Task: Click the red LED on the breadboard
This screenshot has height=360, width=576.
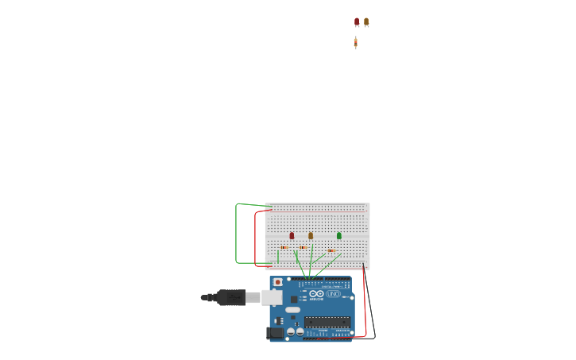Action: [x=292, y=235]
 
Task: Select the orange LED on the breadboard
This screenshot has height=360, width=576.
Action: [x=311, y=235]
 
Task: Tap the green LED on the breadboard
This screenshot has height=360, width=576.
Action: [x=339, y=235]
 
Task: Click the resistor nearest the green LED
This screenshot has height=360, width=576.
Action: [x=331, y=250]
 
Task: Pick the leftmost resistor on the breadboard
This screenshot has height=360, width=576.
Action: [x=284, y=247]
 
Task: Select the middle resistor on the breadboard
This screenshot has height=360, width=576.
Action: [x=303, y=247]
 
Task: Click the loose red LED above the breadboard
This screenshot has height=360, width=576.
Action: [x=357, y=22]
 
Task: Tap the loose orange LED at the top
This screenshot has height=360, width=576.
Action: [x=366, y=22]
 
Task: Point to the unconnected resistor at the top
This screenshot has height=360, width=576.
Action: [x=356, y=43]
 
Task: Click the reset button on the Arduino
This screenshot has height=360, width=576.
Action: [x=277, y=282]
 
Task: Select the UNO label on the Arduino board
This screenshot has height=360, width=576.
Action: [x=333, y=294]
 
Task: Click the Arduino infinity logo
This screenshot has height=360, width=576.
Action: [x=316, y=294]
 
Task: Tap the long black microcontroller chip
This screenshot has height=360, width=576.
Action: [x=327, y=322]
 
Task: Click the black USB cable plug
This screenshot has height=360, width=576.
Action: [x=231, y=297]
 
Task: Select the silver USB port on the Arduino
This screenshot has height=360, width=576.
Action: [x=272, y=297]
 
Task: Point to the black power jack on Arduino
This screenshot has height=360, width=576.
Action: [x=275, y=332]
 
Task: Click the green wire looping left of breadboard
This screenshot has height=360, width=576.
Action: [x=236, y=234]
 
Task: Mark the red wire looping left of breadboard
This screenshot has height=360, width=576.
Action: [x=255, y=238]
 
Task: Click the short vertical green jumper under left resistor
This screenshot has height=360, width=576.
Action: [x=278, y=257]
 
